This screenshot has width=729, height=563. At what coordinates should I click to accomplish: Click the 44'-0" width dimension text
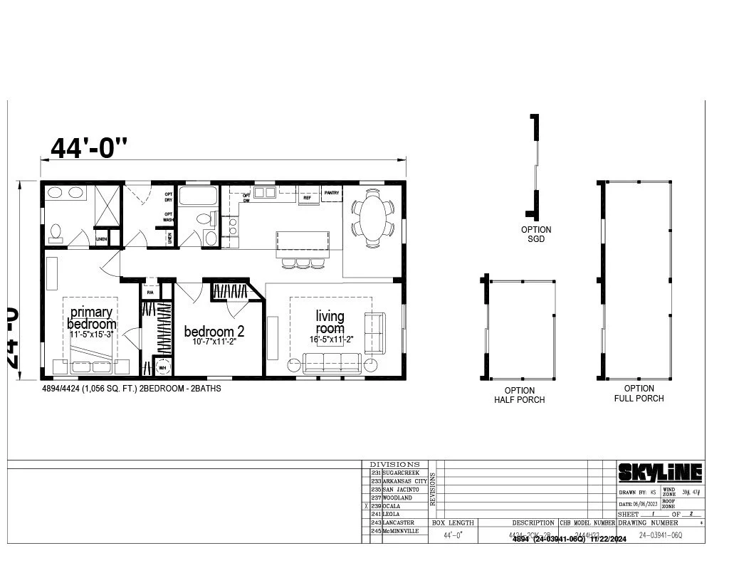pyautogui.click(x=89, y=147)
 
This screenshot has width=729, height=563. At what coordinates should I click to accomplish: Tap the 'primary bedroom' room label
pyautogui.click(x=92, y=318)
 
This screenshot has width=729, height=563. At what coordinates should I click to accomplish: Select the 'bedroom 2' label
pyautogui.click(x=214, y=332)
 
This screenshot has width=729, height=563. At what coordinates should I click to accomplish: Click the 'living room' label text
pyautogui.click(x=330, y=322)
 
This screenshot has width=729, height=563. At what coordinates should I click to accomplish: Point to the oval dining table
pyautogui.click(x=372, y=217)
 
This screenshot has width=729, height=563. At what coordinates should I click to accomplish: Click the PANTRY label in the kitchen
pyautogui.click(x=332, y=192)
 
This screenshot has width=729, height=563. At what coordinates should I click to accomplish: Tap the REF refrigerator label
pyautogui.click(x=308, y=198)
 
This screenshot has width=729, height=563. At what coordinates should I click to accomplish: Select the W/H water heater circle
pyautogui.click(x=163, y=367)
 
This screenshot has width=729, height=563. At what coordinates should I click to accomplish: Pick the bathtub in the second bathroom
pyautogui.click(x=198, y=196)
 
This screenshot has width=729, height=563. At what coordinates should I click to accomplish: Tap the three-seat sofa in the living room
pyautogui.click(x=331, y=363)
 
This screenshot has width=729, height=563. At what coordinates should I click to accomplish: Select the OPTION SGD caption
pyautogui.click(x=536, y=234)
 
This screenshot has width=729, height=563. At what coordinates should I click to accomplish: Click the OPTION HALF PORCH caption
pyautogui.click(x=519, y=395)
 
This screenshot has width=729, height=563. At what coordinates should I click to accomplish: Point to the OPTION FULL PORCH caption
pyautogui.click(x=639, y=394)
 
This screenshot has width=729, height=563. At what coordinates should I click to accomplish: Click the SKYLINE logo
pyautogui.click(x=659, y=473)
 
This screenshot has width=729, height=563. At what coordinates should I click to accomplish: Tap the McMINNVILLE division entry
pyautogui.click(x=401, y=531)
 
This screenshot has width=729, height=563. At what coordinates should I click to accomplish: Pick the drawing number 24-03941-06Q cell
pyautogui.click(x=660, y=535)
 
